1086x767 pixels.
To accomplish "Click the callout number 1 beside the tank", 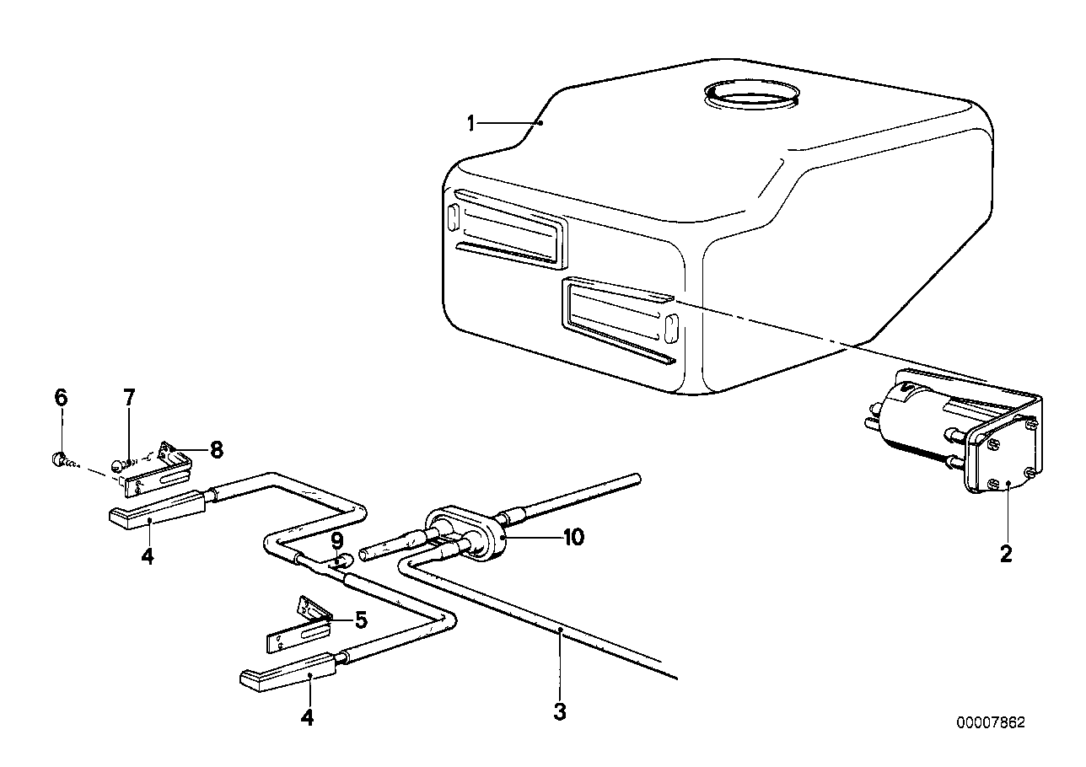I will (472, 124).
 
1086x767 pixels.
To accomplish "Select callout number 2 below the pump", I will (1005, 555).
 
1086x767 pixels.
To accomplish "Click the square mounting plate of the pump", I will (1004, 459).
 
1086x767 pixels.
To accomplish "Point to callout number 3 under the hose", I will (560, 711).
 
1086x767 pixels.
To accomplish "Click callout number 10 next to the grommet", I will (573, 538).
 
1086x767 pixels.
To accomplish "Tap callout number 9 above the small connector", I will (337, 539).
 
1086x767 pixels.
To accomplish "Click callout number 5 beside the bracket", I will (361, 621).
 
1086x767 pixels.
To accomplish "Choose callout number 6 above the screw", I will (61, 398).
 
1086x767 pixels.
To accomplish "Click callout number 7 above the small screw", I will (128, 398).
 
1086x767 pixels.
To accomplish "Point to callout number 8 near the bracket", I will (217, 450).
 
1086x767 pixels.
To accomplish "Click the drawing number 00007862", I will (991, 723).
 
